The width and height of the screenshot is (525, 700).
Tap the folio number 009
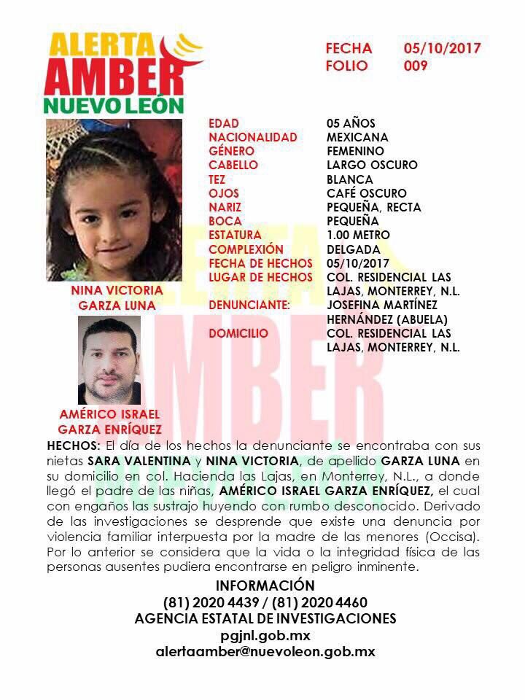[x=416, y=66]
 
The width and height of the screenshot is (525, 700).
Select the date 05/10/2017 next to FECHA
[x=443, y=49]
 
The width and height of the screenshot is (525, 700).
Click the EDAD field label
[x=223, y=123]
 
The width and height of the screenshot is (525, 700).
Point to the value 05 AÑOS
[x=351, y=123]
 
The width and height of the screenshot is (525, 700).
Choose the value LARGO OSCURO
[x=372, y=166]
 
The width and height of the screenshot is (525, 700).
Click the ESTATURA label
[x=234, y=236]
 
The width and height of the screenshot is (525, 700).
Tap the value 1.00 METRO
[x=358, y=236]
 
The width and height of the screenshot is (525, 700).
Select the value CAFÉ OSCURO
[x=367, y=193]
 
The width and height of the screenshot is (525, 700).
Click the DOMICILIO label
[x=238, y=333]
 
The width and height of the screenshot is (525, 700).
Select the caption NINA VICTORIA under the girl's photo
[x=117, y=290]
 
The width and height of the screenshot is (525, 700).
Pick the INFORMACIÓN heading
[x=265, y=586]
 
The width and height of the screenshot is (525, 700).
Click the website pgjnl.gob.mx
[x=265, y=636]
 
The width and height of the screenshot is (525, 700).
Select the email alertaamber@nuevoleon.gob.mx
[x=265, y=652]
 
